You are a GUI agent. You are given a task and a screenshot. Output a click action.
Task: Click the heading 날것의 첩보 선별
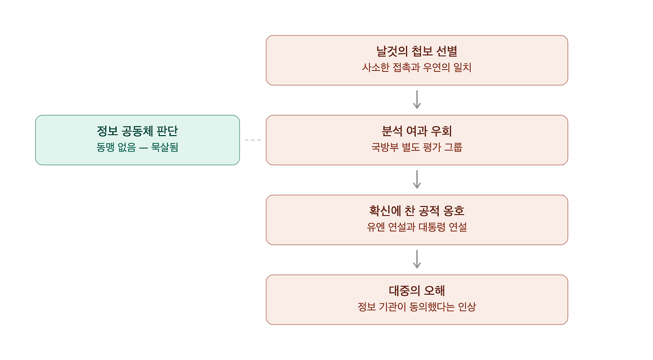tap(417, 52)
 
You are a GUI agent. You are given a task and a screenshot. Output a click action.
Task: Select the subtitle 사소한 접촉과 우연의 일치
tap(417, 68)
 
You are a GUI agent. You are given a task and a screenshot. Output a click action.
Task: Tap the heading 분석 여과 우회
tap(417, 131)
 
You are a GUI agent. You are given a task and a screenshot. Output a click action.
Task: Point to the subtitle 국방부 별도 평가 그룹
tap(417, 147)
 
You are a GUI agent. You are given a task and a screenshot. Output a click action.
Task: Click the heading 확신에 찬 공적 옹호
tap(417, 211)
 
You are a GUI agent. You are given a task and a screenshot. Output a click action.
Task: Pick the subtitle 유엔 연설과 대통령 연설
tap(417, 227)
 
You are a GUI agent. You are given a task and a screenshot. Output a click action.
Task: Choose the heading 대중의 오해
tap(417, 291)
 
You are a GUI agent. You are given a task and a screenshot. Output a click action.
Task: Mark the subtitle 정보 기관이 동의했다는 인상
tap(417, 307)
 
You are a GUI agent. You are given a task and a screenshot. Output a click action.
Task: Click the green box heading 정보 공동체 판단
tap(137, 131)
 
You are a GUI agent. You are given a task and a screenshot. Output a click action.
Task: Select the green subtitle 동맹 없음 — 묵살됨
tap(137, 147)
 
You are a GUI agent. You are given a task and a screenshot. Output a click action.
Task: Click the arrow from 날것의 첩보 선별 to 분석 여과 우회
tap(417, 99)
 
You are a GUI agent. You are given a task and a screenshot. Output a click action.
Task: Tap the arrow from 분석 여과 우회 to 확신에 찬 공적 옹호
tap(417, 179)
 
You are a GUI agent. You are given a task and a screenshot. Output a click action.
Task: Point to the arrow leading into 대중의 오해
tap(417, 259)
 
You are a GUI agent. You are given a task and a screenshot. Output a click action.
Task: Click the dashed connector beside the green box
tap(253, 140)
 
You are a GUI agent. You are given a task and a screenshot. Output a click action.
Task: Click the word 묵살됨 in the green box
tap(164, 147)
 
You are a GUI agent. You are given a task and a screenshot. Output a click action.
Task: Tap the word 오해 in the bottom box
tap(434, 291)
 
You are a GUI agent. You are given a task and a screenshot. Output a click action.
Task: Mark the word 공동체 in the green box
tap(137, 131)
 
